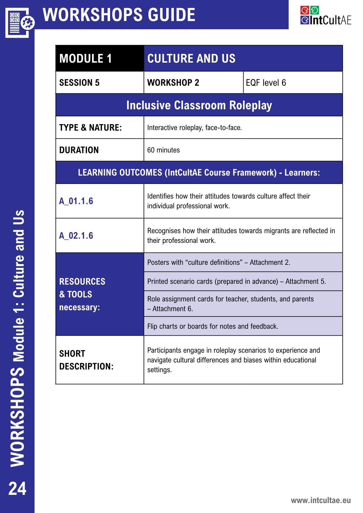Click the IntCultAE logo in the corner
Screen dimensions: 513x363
coord(326,16)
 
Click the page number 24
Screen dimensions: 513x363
coord(17,488)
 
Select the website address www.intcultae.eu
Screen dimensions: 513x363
coord(321,500)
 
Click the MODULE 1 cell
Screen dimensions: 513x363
coord(85,59)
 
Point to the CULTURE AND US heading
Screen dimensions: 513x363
coord(191,59)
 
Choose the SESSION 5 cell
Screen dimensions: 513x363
coord(79,83)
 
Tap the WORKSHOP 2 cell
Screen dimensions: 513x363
coord(173,83)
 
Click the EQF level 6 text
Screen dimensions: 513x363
coord(266,83)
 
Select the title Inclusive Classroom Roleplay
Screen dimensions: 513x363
coord(199,105)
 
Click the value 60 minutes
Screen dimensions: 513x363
coord(163,150)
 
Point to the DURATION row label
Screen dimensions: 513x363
coord(79,150)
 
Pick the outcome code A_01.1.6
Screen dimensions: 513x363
coord(76,201)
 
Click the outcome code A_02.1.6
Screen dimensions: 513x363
coord(76,236)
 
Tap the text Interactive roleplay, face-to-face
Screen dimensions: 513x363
coord(194,128)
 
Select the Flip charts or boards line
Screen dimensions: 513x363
coord(213,326)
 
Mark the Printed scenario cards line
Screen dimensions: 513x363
coord(236,282)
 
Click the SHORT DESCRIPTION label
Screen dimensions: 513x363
coord(86,360)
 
